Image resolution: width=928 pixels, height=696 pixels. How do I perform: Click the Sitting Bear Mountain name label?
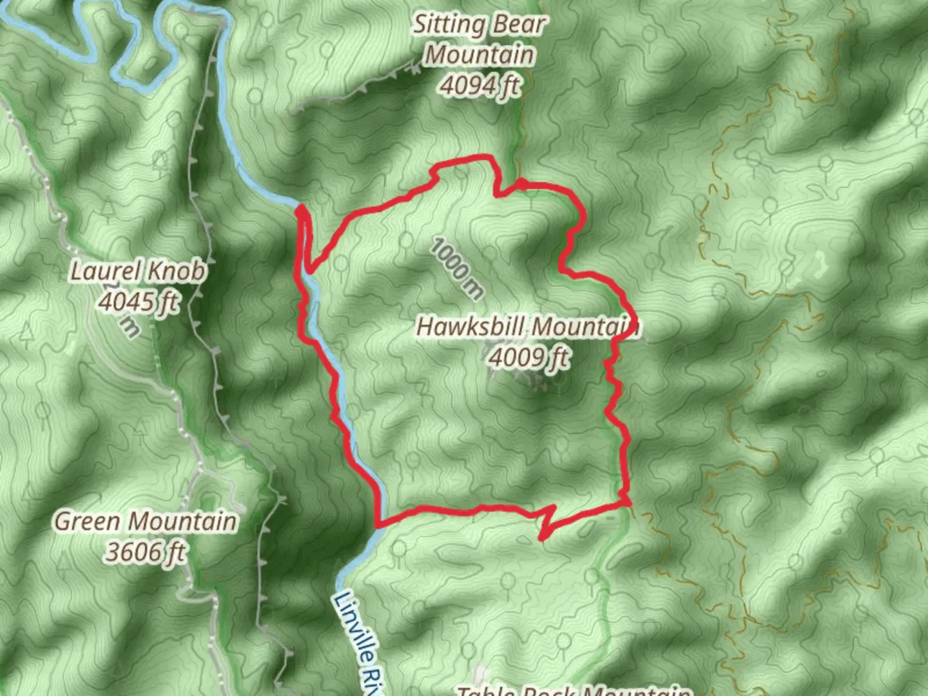click(479, 40)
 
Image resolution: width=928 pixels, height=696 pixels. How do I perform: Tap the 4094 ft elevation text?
click(479, 84)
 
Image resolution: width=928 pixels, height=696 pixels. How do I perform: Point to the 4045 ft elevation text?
click(137, 301)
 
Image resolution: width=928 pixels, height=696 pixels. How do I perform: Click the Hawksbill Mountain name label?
click(527, 326)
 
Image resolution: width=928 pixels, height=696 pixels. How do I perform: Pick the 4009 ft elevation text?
click(528, 356)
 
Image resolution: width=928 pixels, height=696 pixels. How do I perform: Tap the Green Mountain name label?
click(146, 521)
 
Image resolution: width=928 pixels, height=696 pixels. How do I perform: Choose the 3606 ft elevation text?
click(146, 551)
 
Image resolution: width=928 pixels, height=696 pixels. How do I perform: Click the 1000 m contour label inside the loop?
click(456, 268)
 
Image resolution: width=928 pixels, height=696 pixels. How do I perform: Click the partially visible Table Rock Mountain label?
click(574, 690)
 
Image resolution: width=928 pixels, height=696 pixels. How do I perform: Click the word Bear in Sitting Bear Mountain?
click(515, 24)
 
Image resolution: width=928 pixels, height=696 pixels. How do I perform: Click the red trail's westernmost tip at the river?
click(300, 209)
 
